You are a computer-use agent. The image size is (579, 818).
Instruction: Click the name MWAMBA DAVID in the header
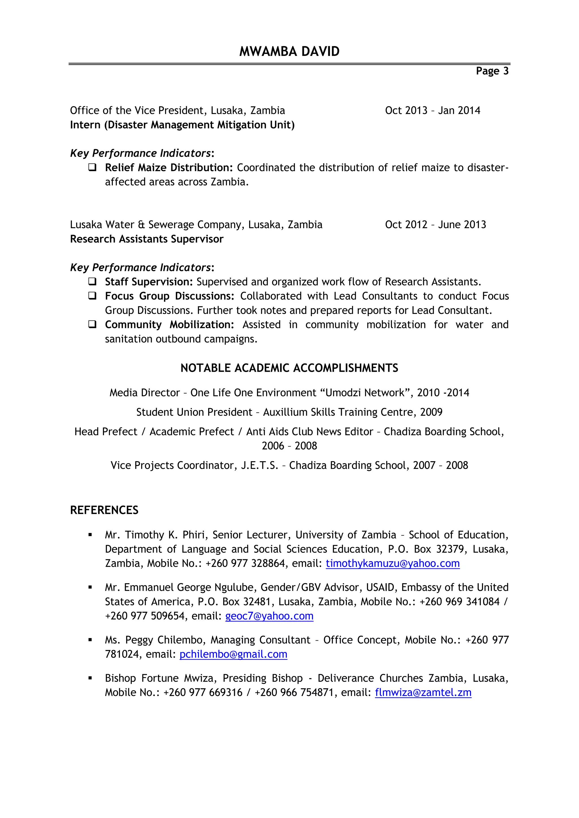tap(289, 52)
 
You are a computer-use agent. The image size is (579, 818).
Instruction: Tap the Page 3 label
tap(492, 71)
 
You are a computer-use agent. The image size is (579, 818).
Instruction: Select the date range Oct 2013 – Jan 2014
tap(433, 110)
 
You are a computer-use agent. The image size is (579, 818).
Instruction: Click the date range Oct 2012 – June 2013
tap(435, 225)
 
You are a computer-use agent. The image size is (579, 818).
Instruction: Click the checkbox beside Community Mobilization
tap(92, 324)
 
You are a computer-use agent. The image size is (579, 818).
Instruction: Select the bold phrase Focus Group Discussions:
tap(169, 296)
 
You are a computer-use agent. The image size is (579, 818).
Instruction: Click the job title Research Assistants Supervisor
tap(146, 239)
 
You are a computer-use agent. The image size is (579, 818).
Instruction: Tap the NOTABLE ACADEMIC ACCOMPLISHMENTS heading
tap(289, 368)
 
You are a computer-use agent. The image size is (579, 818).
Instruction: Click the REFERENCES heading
tap(104, 510)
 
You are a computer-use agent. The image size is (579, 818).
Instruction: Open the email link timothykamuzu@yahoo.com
tap(392, 563)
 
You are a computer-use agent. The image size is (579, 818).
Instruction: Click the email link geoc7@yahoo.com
tap(269, 616)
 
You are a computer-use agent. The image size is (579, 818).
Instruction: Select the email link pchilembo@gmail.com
tap(233, 654)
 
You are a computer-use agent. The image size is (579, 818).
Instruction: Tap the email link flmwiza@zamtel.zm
tap(423, 692)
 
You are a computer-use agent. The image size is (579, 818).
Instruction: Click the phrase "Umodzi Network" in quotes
tap(365, 393)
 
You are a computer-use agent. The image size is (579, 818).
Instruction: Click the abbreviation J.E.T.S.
tap(259, 465)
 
